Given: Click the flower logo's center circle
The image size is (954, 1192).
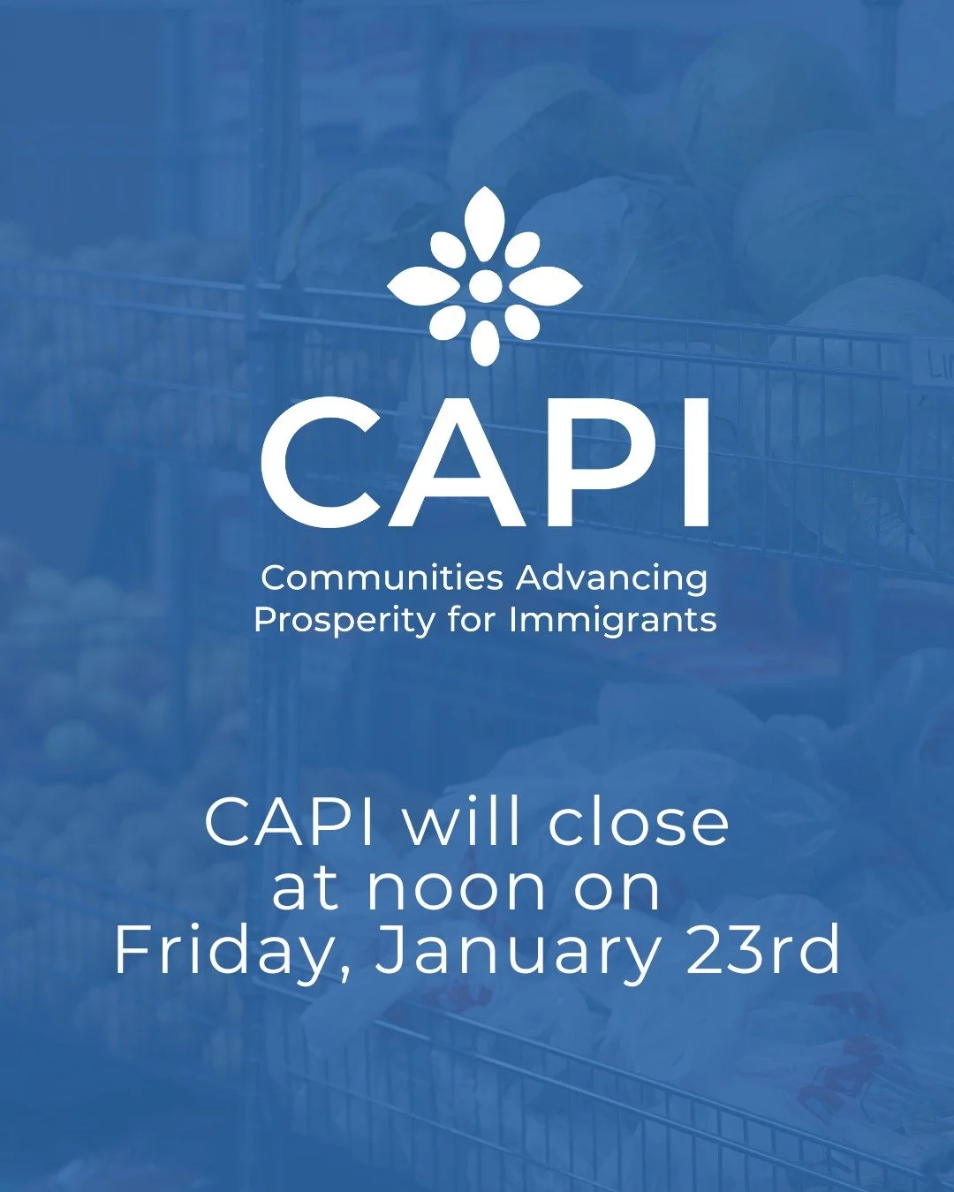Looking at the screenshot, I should [485, 285].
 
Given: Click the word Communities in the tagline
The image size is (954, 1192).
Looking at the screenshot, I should [382, 578].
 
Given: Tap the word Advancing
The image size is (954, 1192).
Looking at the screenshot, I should [611, 579].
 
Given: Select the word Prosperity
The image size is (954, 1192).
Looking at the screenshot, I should [344, 620].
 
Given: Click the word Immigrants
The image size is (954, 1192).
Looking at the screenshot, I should [613, 621].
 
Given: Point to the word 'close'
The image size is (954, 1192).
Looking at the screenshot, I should [639, 823].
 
